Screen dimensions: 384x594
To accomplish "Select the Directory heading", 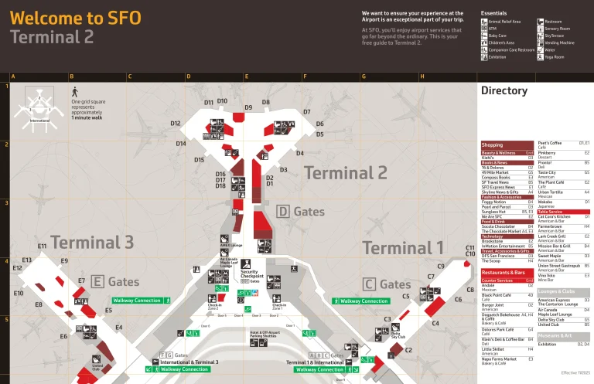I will tap(504, 90).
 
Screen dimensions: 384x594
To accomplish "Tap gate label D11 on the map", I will tap(209, 103).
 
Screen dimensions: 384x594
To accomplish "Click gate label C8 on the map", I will tap(469, 290).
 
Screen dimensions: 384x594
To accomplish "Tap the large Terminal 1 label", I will tap(402, 248).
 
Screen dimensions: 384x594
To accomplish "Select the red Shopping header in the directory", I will tap(493, 145).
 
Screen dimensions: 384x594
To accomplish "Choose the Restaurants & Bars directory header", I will tap(504, 273).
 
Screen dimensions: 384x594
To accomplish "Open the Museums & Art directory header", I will tap(555, 336).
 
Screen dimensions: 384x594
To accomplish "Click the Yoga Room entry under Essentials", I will tap(554, 56).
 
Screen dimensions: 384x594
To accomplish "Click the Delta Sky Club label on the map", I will tap(397, 335).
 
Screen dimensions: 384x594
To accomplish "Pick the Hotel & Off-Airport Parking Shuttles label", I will tap(264, 334).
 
